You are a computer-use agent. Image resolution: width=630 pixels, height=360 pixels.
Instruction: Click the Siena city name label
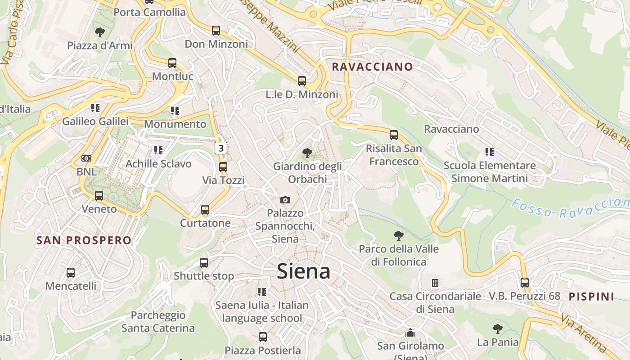(304, 271)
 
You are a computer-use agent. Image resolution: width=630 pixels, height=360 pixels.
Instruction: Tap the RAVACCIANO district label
(372, 67)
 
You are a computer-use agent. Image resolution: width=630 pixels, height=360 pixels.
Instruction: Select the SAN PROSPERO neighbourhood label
(84, 240)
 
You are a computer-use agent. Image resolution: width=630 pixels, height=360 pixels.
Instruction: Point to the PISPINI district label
(591, 297)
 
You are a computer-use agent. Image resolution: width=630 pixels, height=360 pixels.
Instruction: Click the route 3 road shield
(220, 148)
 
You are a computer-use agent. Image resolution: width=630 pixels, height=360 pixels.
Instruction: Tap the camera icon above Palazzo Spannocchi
(285, 200)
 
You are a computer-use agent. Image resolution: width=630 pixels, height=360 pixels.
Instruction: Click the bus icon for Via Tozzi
(223, 167)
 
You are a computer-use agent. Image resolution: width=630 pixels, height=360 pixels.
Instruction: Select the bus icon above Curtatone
(205, 210)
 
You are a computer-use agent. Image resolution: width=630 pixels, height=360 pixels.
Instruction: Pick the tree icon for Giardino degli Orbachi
(308, 153)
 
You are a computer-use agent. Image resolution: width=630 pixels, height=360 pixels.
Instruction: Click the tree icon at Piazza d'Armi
(100, 32)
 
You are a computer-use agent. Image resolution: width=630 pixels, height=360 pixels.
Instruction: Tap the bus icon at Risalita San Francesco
(394, 135)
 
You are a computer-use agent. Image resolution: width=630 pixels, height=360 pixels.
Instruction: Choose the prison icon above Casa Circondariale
(435, 283)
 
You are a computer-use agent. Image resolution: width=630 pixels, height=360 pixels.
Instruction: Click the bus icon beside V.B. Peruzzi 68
(525, 283)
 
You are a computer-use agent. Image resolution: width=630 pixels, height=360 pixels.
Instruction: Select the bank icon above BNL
(86, 158)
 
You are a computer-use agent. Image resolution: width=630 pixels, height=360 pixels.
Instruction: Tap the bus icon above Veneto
(99, 196)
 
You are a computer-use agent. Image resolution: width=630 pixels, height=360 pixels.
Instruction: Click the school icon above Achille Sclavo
(158, 150)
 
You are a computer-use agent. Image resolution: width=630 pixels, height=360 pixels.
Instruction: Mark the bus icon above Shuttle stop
(204, 262)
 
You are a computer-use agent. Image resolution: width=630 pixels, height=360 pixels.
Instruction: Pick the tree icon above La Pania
(497, 329)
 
